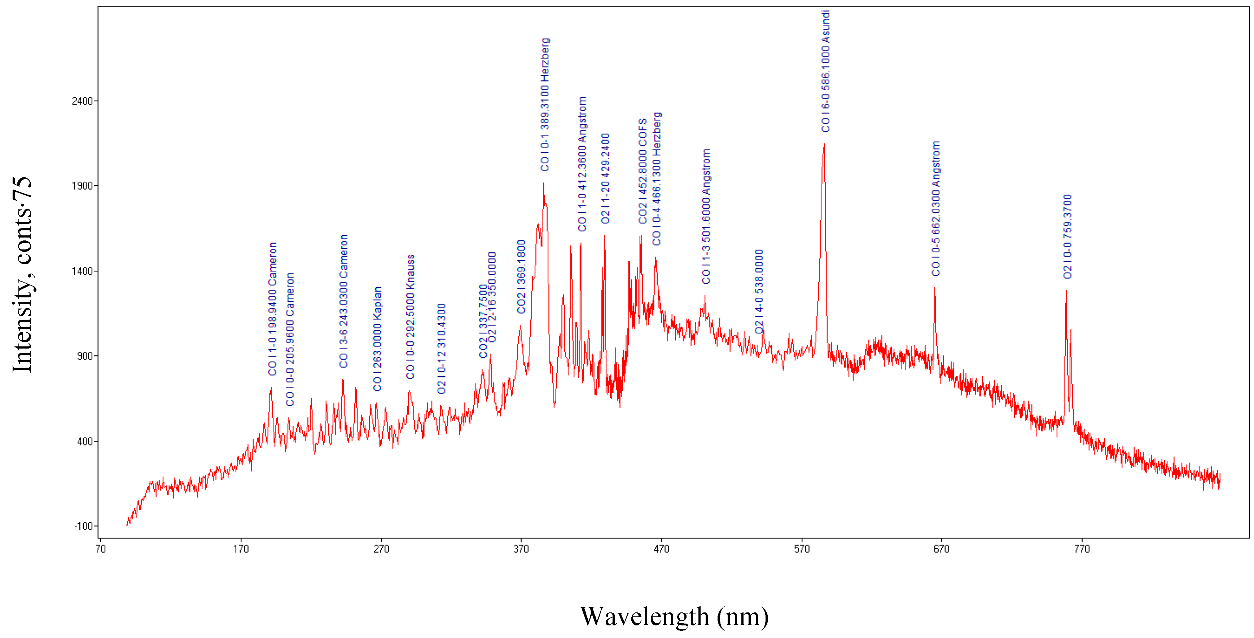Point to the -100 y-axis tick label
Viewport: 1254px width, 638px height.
tap(83, 526)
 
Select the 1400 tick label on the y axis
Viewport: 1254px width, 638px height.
tap(82, 271)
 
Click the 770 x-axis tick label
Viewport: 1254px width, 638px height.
tap(1082, 549)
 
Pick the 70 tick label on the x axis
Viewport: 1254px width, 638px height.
tap(100, 549)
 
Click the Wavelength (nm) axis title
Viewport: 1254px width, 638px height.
tap(674, 617)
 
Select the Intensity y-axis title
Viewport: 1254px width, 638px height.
tap(22, 275)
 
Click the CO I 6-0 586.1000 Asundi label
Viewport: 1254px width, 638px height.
tap(826, 71)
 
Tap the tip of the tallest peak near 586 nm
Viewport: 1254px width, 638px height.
tap(824, 144)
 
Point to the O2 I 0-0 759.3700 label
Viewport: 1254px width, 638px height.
tap(1067, 236)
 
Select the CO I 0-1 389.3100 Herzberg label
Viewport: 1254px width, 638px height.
tap(545, 105)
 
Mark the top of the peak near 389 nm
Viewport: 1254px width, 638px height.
tap(544, 183)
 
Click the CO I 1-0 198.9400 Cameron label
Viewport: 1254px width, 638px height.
tap(273, 309)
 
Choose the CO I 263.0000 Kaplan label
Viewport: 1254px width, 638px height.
tap(377, 339)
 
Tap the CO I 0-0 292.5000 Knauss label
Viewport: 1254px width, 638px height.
tap(411, 316)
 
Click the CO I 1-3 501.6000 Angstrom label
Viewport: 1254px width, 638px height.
tap(706, 216)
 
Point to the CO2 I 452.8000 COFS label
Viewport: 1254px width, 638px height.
tap(643, 171)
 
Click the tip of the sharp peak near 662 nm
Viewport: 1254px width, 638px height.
tap(934, 288)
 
